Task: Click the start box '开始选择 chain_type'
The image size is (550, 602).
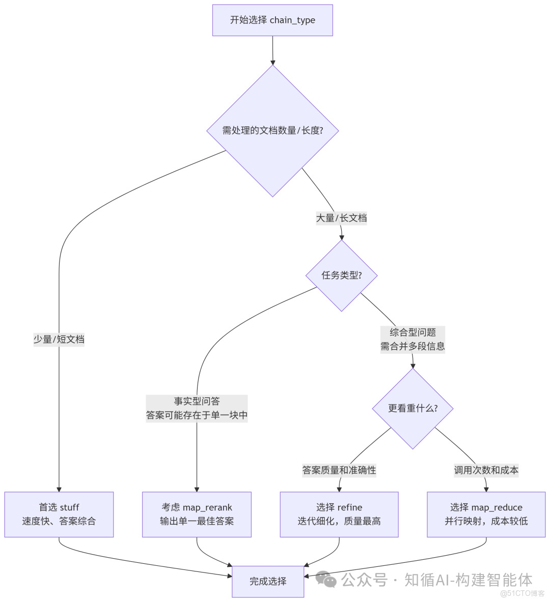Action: pyautogui.click(x=272, y=20)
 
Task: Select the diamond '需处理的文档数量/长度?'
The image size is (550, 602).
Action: pyautogui.click(x=272, y=130)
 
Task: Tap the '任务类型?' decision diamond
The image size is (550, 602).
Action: pyautogui.click(x=341, y=276)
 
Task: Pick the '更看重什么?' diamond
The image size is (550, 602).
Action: pyautogui.click(x=413, y=408)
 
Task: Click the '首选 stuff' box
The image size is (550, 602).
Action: pyautogui.click(x=59, y=514)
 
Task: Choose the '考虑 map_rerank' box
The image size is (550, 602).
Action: pyautogui.click(x=197, y=514)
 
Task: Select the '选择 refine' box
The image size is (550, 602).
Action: pyautogui.click(x=339, y=514)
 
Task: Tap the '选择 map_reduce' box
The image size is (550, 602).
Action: pyautogui.click(x=486, y=514)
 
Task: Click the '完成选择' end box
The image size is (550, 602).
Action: pyautogui.click(x=268, y=581)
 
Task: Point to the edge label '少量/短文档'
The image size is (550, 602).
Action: pyautogui.click(x=59, y=339)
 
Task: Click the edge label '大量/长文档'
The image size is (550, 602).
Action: pyautogui.click(x=341, y=218)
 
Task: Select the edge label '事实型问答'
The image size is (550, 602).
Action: pyautogui.click(x=197, y=402)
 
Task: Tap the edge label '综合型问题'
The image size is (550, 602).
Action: pyautogui.click(x=413, y=333)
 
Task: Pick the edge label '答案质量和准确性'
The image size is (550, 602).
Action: pyautogui.click(x=339, y=470)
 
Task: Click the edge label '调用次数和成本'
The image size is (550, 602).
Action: pyautogui.click(x=486, y=470)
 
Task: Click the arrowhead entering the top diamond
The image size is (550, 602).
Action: pyautogui.click(x=272, y=62)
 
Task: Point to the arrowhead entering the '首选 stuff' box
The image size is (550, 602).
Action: pyautogui.click(x=59, y=488)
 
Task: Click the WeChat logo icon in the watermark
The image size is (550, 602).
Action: pyautogui.click(x=326, y=580)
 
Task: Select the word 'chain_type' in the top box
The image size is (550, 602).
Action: pyautogui.click(x=292, y=20)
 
